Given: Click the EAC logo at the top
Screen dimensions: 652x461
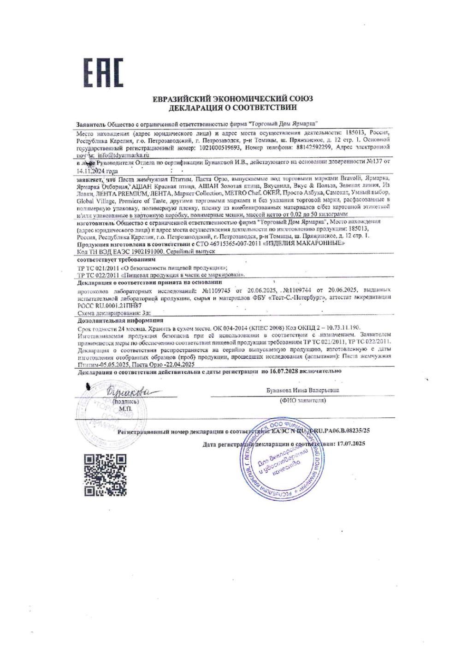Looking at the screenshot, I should (103, 73).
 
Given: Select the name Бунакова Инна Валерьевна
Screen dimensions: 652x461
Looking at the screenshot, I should (302, 390).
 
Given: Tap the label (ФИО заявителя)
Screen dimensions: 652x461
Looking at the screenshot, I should (302, 400).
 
